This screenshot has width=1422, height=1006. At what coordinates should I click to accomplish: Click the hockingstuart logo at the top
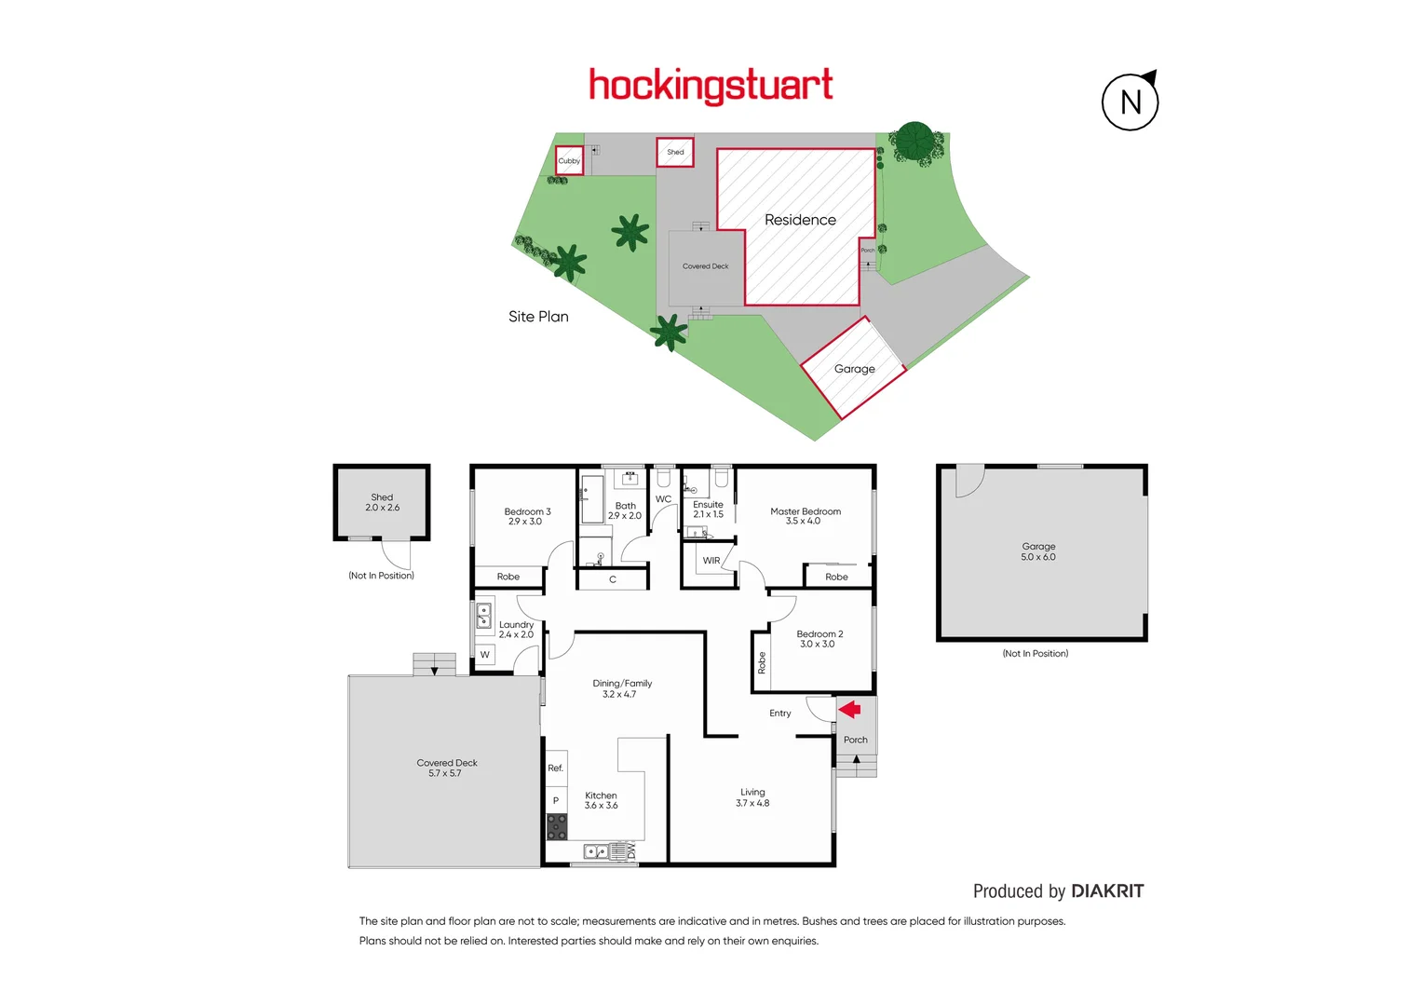pos(711,86)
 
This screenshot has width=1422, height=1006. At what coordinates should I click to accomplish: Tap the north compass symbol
pos(1131,102)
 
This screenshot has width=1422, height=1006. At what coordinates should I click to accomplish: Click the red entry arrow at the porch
pos(849,710)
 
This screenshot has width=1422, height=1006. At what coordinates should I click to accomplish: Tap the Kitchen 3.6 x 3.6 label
pos(601,800)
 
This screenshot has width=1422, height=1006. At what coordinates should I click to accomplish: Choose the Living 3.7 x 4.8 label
pos(752,797)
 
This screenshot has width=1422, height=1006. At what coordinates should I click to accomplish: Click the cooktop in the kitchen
pos(556,826)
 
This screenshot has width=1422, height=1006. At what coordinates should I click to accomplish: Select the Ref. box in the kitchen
pos(556,768)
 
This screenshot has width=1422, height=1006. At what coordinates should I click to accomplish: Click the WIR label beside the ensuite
pos(711,561)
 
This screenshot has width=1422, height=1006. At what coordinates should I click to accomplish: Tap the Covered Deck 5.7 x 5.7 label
pos(447,768)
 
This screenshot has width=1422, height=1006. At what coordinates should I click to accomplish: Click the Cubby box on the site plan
pos(569,160)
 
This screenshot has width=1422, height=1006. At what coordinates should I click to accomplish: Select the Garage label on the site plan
pos(854,369)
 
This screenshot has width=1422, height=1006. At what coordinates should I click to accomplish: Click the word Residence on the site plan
pos(800,220)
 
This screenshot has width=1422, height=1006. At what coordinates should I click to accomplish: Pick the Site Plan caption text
pos(538,317)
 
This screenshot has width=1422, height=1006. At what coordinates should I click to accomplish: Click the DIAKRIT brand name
pos(1107,891)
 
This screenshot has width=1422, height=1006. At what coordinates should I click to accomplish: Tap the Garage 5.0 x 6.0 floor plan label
pos(1038,551)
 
